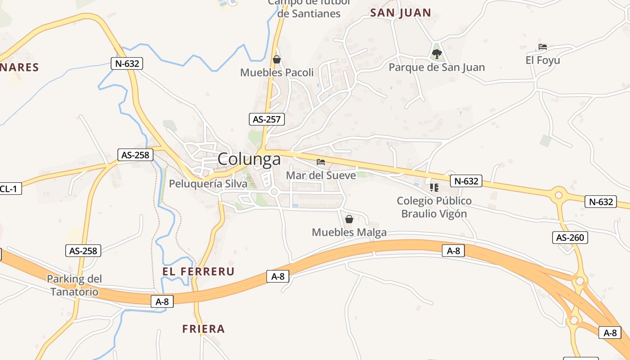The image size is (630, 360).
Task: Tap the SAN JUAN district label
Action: click(400, 13)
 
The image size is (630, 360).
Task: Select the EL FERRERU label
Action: click(198, 271)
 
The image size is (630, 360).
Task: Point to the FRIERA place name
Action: click(203, 329)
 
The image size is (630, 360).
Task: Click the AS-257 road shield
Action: click(267, 119)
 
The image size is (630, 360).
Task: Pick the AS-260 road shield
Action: click(570, 237)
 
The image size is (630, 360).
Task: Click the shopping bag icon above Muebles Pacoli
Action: click(277, 59)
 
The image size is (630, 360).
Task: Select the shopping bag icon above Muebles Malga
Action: click(349, 219)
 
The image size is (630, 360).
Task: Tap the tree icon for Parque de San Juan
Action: click(436, 54)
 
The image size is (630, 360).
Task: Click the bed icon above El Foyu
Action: click(543, 47)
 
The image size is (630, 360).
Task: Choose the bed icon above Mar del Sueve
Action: click(321, 162)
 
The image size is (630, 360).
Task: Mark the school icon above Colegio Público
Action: click(434, 187)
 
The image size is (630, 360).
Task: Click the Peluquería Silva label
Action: click(208, 184)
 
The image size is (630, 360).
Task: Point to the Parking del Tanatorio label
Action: click(74, 285)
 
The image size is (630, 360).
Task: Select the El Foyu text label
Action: click(543, 60)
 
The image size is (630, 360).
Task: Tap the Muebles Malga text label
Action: click(349, 232)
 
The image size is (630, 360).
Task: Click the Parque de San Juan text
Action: click(436, 67)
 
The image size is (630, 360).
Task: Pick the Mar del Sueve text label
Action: click(321, 175)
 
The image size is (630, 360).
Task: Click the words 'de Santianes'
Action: click(309, 13)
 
